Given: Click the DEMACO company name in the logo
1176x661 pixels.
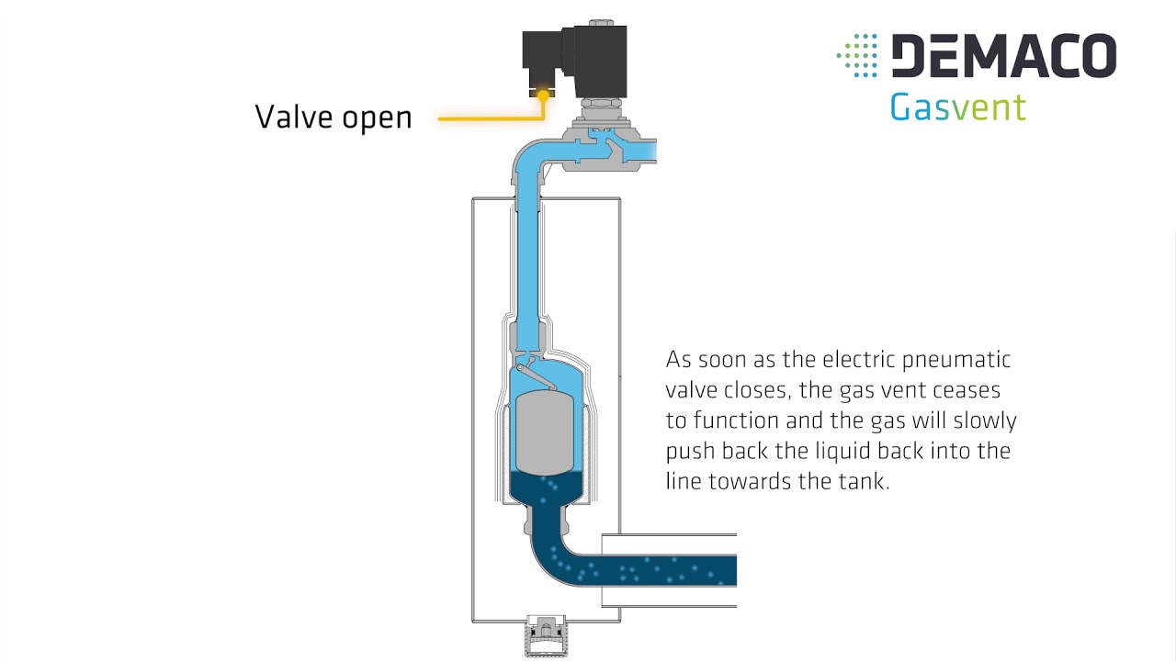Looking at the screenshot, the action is (x=1004, y=56).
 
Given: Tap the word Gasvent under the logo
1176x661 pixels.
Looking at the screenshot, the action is (x=957, y=107).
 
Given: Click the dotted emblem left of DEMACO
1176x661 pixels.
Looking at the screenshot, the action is (x=857, y=56).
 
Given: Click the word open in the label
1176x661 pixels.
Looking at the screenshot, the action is (x=377, y=119).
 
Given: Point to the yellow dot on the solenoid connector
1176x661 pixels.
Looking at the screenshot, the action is (x=543, y=95).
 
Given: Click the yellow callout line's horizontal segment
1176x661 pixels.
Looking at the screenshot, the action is (x=491, y=119).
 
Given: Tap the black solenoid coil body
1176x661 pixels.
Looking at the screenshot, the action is (x=600, y=61).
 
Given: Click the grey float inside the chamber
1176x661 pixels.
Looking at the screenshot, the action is (x=545, y=432).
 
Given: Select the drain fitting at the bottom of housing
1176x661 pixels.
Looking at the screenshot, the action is (x=546, y=636).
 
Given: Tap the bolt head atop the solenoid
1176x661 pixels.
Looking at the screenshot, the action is (x=602, y=23).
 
